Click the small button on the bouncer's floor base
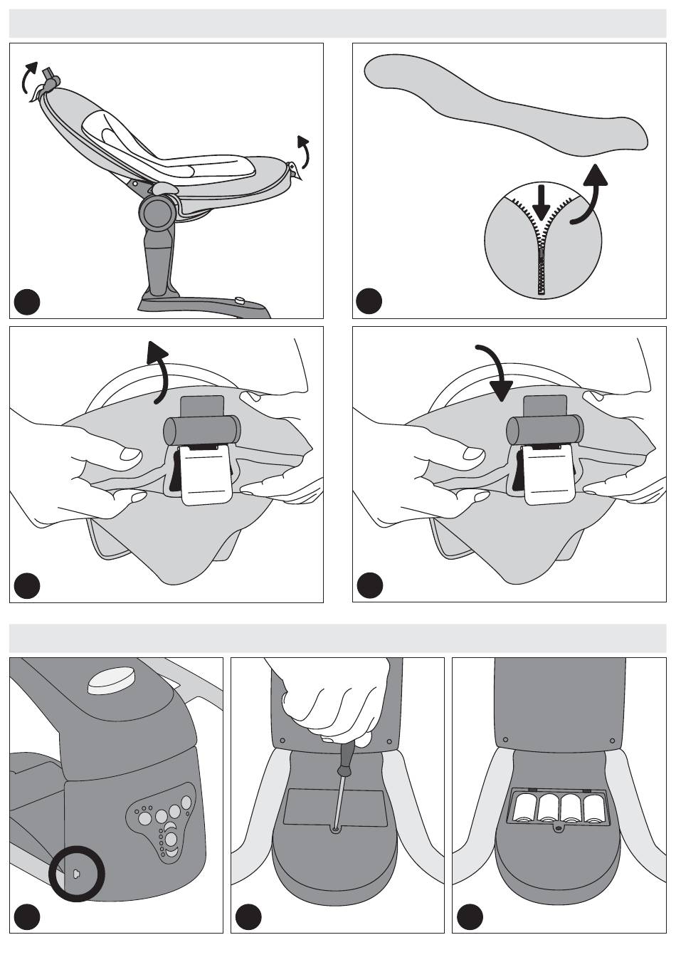pyautogui.click(x=239, y=301)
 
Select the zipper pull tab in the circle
pyautogui.click(x=543, y=267)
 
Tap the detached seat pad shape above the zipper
pyautogui.click(x=505, y=104)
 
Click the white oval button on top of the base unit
pyautogui.click(x=110, y=679)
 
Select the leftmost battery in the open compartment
pyautogui.click(x=524, y=808)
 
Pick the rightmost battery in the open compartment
pyautogui.click(x=593, y=808)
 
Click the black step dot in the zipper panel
pyautogui.click(x=369, y=301)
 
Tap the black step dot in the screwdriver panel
pyautogui.click(x=248, y=916)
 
